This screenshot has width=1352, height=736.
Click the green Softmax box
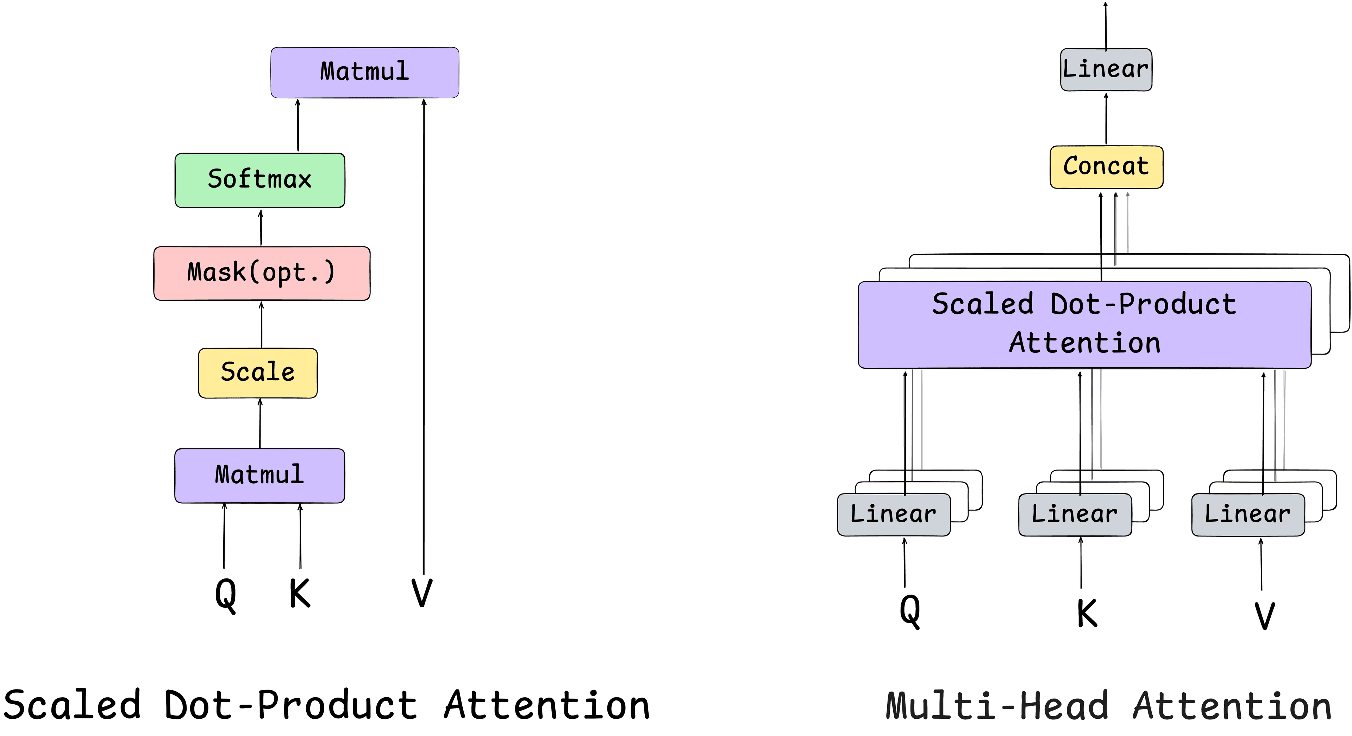(260, 180)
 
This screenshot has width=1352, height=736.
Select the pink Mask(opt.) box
(261, 273)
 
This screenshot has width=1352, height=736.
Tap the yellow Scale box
(258, 373)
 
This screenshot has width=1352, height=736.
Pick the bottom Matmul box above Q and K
(260, 476)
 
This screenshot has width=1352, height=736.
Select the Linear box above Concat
(1106, 70)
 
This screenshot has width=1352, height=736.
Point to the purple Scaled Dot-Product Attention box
(1084, 325)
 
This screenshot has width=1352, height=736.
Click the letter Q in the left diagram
(226, 594)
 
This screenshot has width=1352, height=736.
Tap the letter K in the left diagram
(300, 593)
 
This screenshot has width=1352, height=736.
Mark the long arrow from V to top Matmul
(424, 336)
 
